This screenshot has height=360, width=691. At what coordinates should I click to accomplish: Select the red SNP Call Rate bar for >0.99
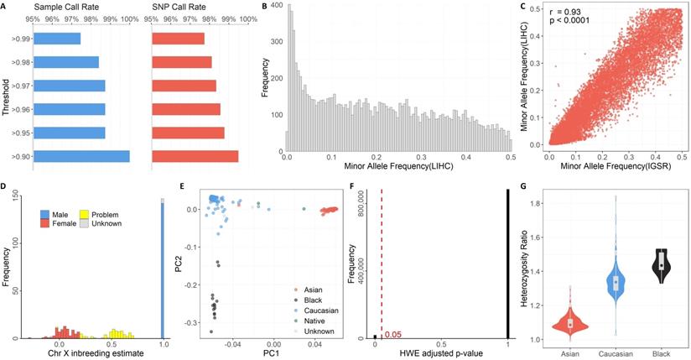coord(177,39)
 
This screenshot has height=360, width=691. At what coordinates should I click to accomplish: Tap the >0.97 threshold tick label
coord(19,86)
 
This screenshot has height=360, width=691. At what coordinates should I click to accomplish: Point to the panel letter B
coord(266,8)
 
